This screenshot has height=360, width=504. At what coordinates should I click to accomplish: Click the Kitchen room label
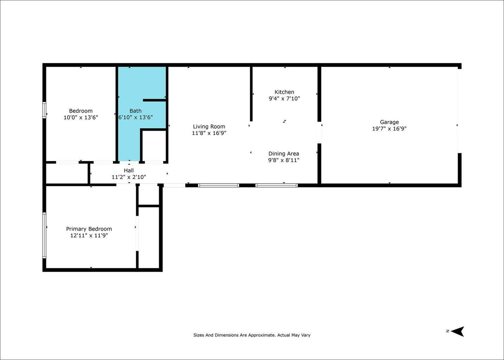284,92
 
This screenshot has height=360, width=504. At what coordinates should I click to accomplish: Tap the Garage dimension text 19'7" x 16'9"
389,129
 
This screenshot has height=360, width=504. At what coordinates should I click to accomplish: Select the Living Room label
209,127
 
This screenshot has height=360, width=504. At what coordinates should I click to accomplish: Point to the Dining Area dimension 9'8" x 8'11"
283,160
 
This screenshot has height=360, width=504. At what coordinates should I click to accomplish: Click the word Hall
129,171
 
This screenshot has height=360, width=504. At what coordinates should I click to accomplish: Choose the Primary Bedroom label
89,229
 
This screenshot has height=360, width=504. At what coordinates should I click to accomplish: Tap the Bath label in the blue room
135,111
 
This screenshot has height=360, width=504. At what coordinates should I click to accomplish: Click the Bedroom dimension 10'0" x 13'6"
81,117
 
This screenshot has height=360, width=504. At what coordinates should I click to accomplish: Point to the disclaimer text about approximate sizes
252,335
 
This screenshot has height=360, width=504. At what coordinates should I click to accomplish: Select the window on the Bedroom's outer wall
44,110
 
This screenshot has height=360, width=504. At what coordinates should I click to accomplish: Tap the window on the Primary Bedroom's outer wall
44,235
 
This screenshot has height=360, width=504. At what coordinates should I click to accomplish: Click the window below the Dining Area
276,186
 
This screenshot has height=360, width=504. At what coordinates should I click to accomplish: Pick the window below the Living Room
218,186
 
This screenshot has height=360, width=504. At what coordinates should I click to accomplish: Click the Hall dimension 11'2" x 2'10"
129,177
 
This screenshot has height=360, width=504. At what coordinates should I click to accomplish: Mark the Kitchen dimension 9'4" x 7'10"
284,98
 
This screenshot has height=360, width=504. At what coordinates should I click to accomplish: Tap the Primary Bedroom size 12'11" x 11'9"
89,236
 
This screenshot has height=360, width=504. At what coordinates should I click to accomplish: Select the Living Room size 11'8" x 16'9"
209,133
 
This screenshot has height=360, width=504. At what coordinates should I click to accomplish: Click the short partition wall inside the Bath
154,100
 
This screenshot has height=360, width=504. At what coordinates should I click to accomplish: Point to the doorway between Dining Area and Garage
319,133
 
